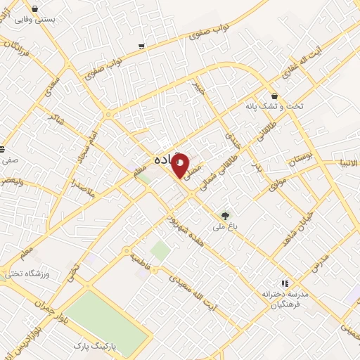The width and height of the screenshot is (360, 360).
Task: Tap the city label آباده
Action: tap(165, 160)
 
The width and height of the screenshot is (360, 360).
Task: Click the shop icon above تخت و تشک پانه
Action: tap(274, 96)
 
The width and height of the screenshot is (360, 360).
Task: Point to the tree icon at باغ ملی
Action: tap(225, 216)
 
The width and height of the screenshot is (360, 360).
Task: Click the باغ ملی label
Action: tap(225, 229)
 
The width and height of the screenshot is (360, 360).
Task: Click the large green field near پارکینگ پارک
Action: tap(109, 315)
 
